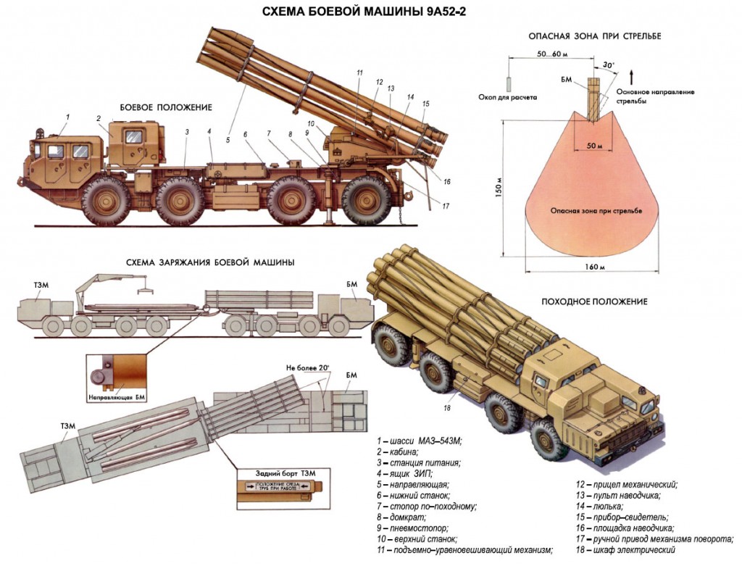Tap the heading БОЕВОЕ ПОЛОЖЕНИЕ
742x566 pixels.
tap(166, 107)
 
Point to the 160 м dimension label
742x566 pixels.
tap(596, 267)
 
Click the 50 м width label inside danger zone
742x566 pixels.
tap(594, 146)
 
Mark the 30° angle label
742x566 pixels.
tap(609, 65)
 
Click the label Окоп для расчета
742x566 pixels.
tap(508, 96)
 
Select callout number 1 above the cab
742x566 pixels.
tap(67, 116)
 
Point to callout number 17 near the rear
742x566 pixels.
tap(446, 206)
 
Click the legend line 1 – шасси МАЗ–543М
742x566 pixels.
tap(419, 441)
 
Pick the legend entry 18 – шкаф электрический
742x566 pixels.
tap(622, 550)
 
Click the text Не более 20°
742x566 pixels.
tap(308, 368)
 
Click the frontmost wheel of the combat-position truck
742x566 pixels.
tap(106, 200)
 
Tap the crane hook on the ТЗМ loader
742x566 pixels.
tap(145, 291)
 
